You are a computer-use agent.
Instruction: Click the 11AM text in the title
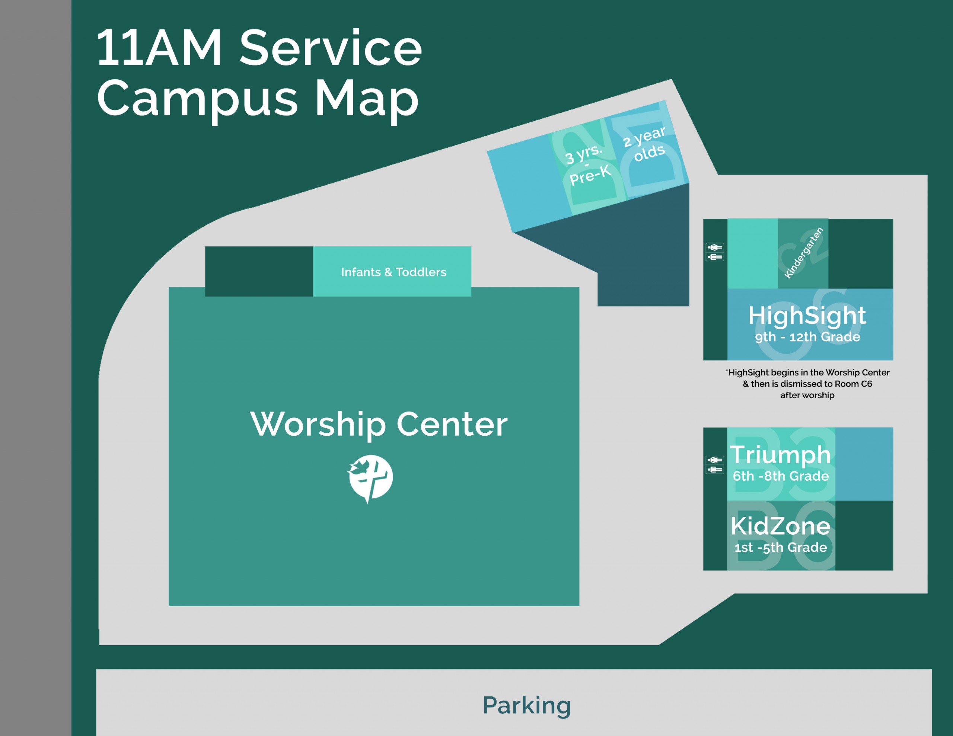coord(159,48)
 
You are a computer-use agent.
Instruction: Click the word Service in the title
coord(331,48)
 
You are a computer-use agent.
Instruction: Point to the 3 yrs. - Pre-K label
coord(588,165)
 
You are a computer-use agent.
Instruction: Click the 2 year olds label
coord(645,144)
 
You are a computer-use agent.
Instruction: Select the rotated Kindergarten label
coord(804,253)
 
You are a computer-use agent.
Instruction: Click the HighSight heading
coord(807,316)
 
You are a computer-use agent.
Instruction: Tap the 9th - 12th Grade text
coord(807,337)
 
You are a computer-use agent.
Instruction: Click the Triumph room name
coord(780,455)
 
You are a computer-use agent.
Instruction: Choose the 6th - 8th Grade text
coord(781,476)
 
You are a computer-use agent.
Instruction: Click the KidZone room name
coord(781,526)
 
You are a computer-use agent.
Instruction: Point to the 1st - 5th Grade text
coord(781,547)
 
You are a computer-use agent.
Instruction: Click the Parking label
coord(527,705)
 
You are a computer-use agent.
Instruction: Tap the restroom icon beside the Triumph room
coord(715,465)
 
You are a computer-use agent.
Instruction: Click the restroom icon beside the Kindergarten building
coord(715,252)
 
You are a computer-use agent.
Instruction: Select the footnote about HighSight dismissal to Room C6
coord(807,384)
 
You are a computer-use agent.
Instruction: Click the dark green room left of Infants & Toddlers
coord(259,271)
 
